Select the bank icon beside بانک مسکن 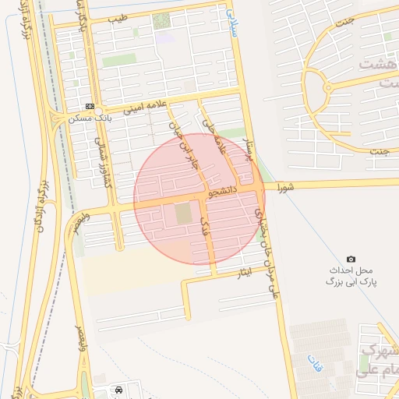(x=90, y=106)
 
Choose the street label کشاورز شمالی (x=101, y=164)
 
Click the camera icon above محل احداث (x=351, y=259)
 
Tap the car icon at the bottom (x=118, y=388)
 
